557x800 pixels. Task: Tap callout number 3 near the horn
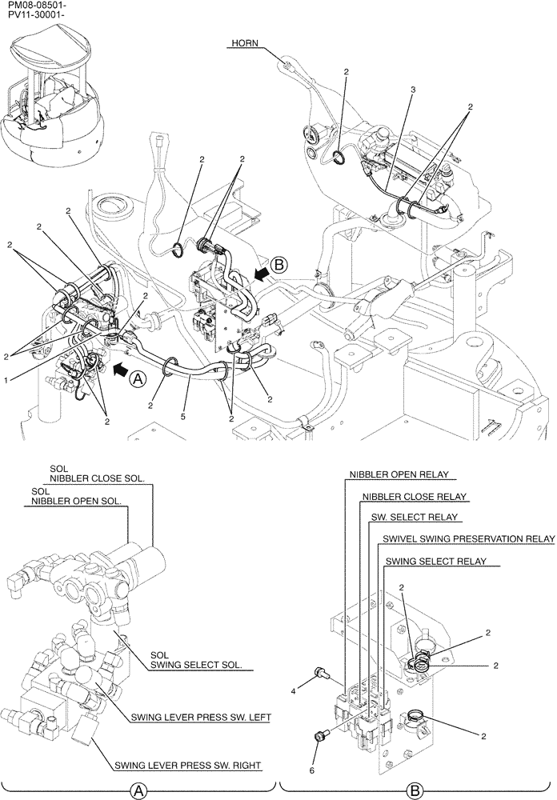tap(412, 91)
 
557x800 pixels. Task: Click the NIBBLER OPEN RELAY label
tap(399, 474)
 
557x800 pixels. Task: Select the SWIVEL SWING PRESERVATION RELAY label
tap(468, 539)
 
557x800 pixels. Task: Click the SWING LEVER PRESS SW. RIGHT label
tap(188, 766)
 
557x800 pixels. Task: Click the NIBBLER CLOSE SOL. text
tap(98, 478)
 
